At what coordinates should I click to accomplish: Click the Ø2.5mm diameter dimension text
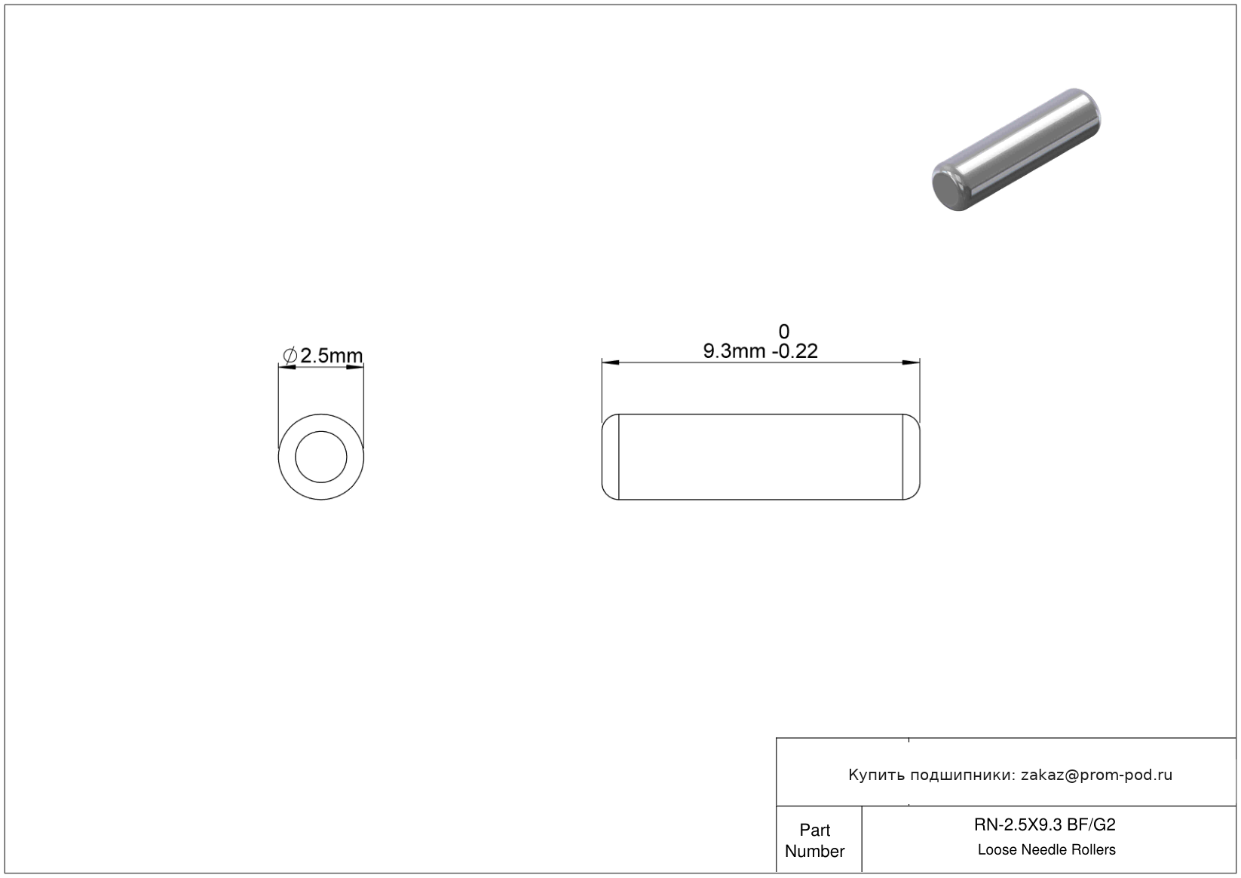[x=323, y=355]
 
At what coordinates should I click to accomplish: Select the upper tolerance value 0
[x=783, y=332]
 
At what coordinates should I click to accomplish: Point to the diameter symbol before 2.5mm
[x=290, y=356]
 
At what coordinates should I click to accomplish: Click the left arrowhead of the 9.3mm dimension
[x=611, y=363]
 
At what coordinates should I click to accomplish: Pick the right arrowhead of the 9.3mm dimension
[x=911, y=363]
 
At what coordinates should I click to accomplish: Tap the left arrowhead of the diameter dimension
[x=287, y=366]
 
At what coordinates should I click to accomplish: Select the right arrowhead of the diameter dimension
[x=355, y=366]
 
